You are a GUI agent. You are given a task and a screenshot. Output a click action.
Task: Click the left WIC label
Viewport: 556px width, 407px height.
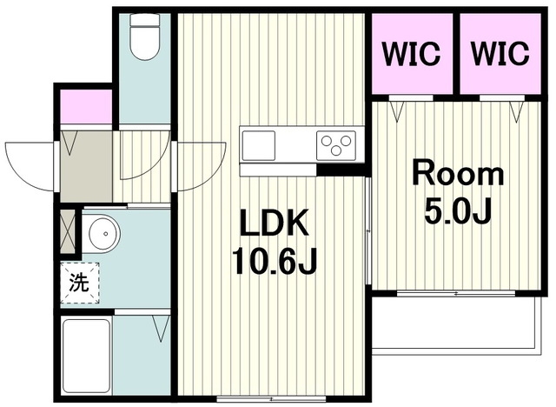pyautogui.click(x=411, y=54)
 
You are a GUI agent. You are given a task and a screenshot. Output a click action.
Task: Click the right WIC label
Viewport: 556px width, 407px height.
pyautogui.click(x=500, y=54)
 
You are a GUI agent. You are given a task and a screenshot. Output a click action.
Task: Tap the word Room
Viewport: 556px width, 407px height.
pyautogui.click(x=458, y=174)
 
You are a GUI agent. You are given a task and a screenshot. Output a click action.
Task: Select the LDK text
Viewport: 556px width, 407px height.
pyautogui.click(x=275, y=223)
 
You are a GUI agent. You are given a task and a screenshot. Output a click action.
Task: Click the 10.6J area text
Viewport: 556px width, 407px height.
pyautogui.click(x=275, y=262)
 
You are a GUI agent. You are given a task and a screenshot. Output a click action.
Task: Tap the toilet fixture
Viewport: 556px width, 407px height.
pyautogui.click(x=145, y=37)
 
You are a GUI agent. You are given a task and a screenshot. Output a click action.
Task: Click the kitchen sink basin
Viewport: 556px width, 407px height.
pyautogui.click(x=259, y=145)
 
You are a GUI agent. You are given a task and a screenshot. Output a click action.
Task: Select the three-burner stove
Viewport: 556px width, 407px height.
pyautogui.click(x=336, y=145)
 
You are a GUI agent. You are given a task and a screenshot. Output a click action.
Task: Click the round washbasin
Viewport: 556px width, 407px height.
pyautogui.click(x=104, y=234)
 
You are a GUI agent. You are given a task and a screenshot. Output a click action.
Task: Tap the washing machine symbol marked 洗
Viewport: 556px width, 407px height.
pyautogui.click(x=79, y=283)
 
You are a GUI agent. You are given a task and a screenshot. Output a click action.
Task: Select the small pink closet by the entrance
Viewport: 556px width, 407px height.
pyautogui.click(x=86, y=106)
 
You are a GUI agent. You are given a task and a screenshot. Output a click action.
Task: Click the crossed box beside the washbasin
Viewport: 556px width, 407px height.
pyautogui.click(x=68, y=231)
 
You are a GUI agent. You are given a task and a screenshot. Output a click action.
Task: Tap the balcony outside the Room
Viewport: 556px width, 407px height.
pyautogui.click(x=457, y=323)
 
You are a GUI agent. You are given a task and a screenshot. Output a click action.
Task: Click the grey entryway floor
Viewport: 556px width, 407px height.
pyautogui.click(x=86, y=166)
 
